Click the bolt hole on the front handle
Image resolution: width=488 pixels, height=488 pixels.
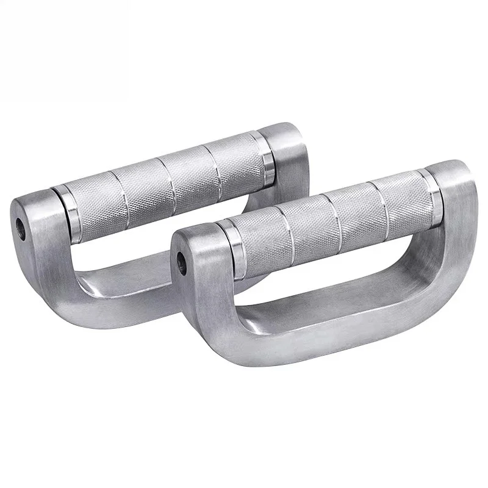pyautogui.click(x=181, y=259)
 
